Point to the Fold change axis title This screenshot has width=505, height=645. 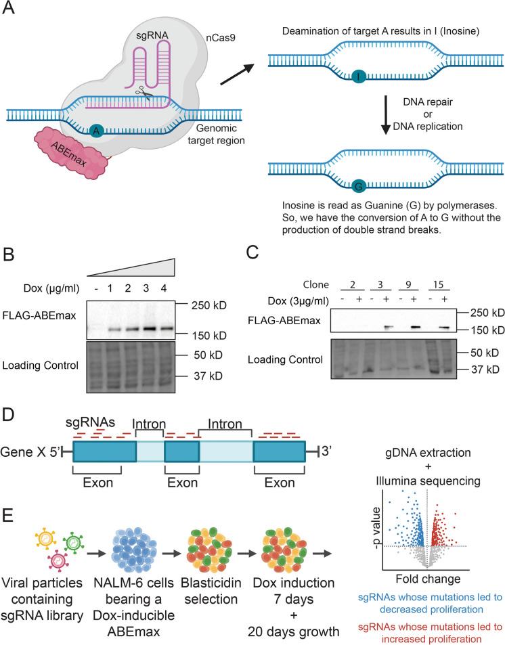point(428,578)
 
